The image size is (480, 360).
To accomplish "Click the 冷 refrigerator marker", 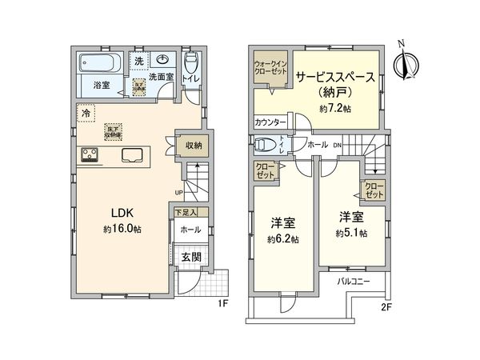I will tap(85, 114).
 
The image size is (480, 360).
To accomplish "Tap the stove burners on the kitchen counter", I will tap(88, 154).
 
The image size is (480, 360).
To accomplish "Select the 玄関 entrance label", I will tap(191, 257).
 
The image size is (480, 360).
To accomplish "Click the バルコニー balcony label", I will tap(350, 282).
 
